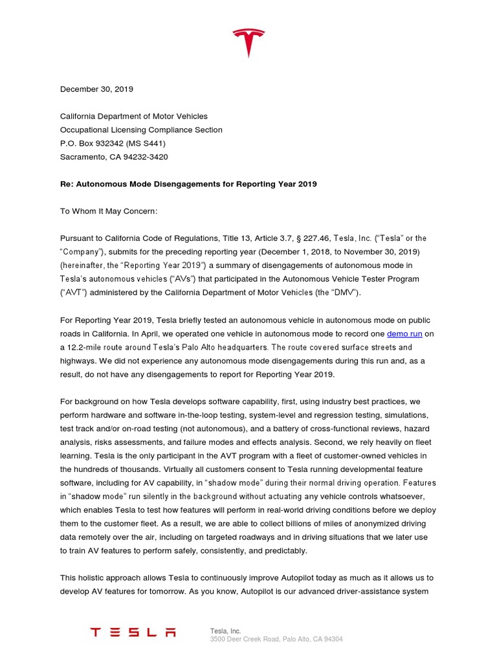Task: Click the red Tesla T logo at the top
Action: [x=248, y=43]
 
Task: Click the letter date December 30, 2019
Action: [x=96, y=89]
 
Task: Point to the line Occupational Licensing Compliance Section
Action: [x=141, y=129]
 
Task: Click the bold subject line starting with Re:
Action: [x=188, y=184]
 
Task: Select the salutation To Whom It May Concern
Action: [x=109, y=211]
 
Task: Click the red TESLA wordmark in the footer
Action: [x=133, y=632]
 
